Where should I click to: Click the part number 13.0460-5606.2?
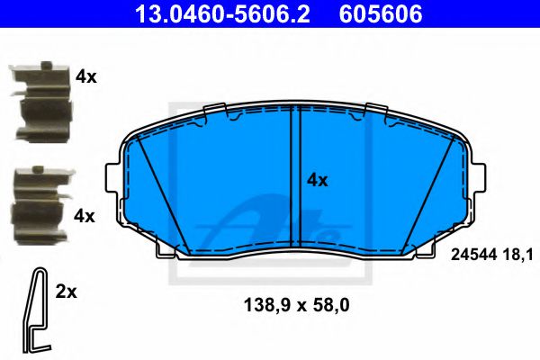pyautogui.click(x=215, y=15)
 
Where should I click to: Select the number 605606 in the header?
pyautogui.click(x=378, y=15)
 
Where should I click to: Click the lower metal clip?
pyautogui.click(x=40, y=202)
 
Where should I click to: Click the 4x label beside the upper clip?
pyautogui.click(x=86, y=77)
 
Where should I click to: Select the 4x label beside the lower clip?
pyautogui.click(x=85, y=216)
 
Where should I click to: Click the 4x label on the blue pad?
pyautogui.click(x=317, y=180)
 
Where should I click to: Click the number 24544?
pyautogui.click(x=468, y=256)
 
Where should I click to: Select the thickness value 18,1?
pyautogui.click(x=508, y=256)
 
